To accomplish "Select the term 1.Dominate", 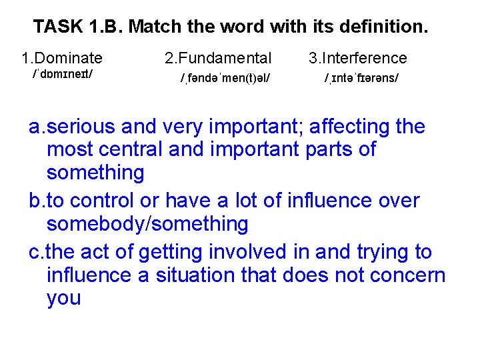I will point(61,59).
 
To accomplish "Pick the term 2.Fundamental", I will point(218,59).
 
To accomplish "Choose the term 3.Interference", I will point(357,59).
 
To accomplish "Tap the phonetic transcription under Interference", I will point(362,78).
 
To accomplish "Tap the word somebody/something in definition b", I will point(147,224).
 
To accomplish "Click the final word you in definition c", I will point(64,298).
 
